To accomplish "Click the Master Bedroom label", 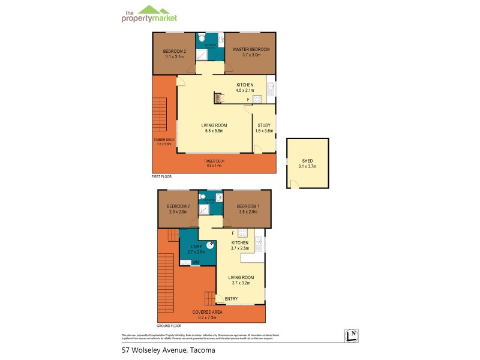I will point(247,49).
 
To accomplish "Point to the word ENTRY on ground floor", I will point(231,298).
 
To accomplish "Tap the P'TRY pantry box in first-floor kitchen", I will point(218,99).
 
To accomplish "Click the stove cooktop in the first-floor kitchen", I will point(257,100).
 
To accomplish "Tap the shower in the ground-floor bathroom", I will point(205,209).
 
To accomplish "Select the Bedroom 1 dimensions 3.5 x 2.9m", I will point(247,212).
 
